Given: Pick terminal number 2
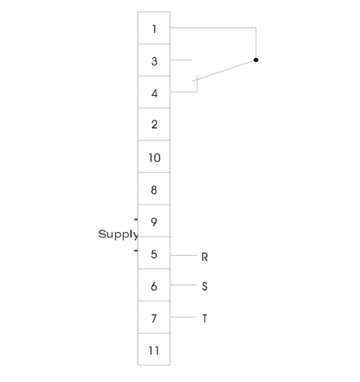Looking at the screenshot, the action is tap(154, 125).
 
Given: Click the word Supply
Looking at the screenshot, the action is tap(118, 235).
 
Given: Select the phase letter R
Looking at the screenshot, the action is tap(204, 257).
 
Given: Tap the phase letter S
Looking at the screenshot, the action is tap(204, 287).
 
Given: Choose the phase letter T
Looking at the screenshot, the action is tap(204, 319).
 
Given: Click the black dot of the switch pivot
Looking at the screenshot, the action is tap(256, 60).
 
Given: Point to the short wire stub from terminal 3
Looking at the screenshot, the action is tap(181, 60).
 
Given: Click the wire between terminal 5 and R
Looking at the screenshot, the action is tap(184, 255).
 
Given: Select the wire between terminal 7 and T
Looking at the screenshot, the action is tap(184, 317).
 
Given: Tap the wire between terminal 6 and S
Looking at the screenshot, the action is tap(184, 285).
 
